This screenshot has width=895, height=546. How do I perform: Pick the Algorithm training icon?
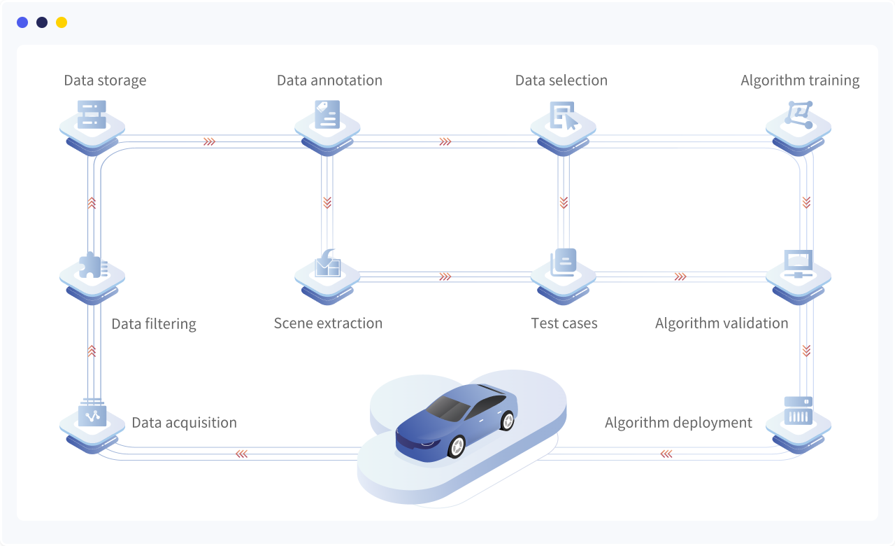click(799, 114)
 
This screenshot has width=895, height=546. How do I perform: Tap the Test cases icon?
click(564, 263)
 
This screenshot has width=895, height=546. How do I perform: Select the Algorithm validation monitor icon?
click(799, 264)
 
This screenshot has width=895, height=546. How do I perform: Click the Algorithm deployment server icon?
click(799, 411)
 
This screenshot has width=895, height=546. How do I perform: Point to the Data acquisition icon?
click(92, 413)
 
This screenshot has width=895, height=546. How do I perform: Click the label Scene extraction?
click(328, 323)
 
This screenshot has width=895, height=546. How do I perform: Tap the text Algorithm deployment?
click(678, 423)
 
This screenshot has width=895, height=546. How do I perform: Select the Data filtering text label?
click(154, 324)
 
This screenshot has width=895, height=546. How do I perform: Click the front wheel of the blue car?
click(457, 446)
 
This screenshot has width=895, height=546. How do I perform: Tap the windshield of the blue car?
click(448, 407)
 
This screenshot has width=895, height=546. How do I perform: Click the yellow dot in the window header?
click(62, 22)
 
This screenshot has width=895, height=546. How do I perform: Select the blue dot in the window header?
click(22, 22)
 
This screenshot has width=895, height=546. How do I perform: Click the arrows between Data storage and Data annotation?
click(209, 141)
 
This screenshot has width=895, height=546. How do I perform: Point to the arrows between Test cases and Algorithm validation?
click(680, 276)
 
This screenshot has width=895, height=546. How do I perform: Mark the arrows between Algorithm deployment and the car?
click(666, 454)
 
